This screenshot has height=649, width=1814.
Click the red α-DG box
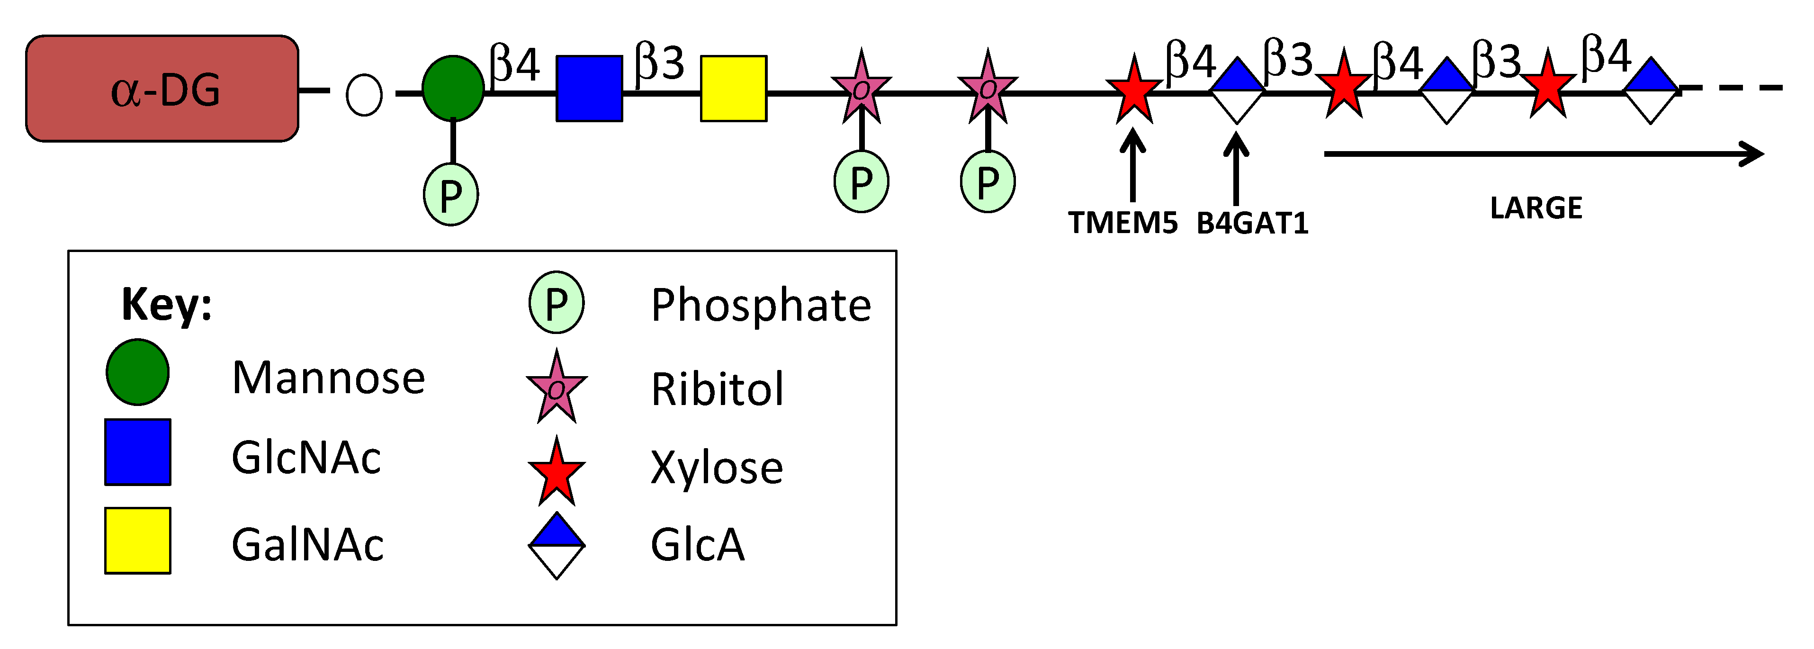[162, 89]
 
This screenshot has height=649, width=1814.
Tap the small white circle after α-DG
[364, 95]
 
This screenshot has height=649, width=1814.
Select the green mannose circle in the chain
[453, 89]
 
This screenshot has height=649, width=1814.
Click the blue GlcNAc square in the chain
[589, 89]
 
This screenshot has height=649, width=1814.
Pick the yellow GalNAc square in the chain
[734, 89]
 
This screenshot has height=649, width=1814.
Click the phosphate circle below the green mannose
[451, 195]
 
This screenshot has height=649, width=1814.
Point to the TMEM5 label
[1123, 223]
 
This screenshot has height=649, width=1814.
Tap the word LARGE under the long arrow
[1536, 208]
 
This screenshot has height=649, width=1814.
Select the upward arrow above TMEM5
[1132, 166]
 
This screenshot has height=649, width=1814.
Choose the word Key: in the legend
[167, 305]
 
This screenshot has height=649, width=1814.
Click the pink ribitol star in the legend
[557, 388]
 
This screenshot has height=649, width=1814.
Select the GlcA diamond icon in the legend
[557, 545]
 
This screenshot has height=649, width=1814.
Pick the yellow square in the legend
[138, 541]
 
